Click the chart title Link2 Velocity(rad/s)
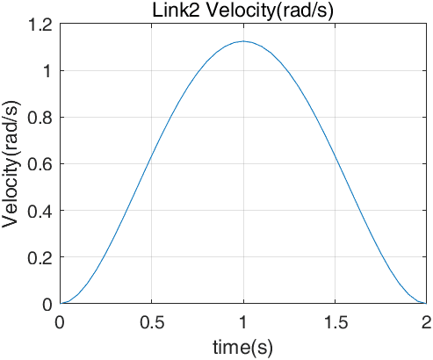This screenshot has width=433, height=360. [243, 11]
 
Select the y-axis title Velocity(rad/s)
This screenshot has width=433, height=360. [11, 164]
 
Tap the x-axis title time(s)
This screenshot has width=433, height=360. [242, 348]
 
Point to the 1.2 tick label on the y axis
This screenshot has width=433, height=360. [40, 25]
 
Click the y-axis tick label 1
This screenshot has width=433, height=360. [47, 71]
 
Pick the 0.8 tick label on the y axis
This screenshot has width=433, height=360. [40, 118]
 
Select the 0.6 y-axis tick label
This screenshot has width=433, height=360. [40, 164]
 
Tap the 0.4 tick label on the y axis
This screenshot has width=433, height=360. [40, 211]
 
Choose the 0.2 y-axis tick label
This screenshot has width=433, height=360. [40, 257]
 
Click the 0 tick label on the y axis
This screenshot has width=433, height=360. [47, 305]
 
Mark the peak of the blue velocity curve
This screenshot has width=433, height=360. [243, 41]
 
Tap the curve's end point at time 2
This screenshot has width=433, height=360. [426, 304]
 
